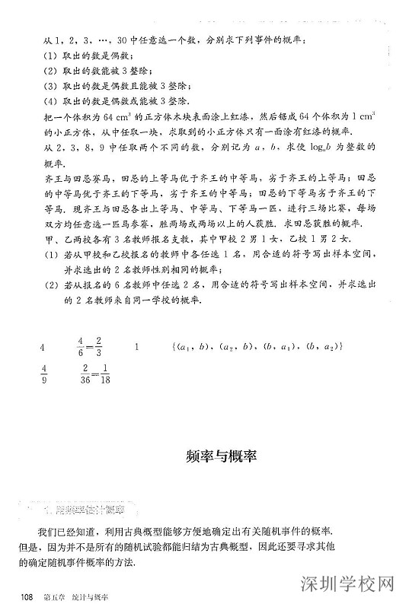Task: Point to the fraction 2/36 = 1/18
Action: pyautogui.click(x=95, y=377)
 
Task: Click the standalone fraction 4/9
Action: pyautogui.click(x=43, y=377)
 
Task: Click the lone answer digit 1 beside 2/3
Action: pyautogui.click(x=136, y=348)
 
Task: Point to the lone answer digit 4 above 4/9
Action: pyautogui.click(x=43, y=348)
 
